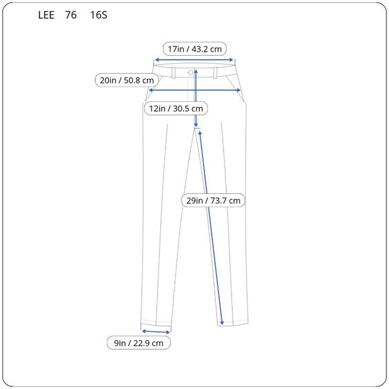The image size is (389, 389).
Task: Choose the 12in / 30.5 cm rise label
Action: tap(175, 108)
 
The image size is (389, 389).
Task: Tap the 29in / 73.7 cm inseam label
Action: tap(213, 200)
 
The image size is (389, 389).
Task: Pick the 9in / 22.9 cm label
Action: tap(139, 343)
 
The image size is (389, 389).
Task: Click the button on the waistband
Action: tap(191, 72)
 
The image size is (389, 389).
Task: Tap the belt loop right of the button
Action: tap(216, 72)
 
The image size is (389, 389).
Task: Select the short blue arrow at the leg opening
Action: tap(156, 331)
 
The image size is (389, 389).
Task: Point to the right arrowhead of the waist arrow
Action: tap(234, 59)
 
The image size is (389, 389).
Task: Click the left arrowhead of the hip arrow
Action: tap(151, 90)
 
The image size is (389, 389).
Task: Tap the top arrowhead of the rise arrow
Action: tap(196, 70)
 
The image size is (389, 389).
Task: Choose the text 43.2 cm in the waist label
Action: tap(208, 48)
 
